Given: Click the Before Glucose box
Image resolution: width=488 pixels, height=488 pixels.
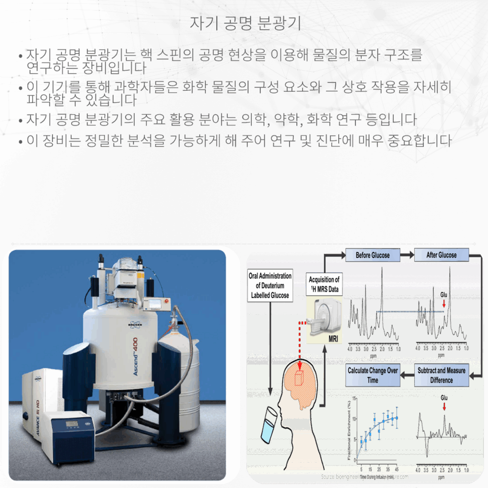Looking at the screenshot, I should [372, 255].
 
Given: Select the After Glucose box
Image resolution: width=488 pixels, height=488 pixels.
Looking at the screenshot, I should [441, 255].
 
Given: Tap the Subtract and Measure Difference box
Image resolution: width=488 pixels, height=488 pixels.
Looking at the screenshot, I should [441, 376].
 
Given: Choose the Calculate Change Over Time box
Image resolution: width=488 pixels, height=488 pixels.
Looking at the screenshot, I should [372, 376].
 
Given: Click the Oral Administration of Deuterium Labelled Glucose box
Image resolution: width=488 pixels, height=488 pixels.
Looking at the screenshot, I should [270, 285].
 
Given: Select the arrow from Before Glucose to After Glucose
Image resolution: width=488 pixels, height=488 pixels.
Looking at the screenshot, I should [407, 255].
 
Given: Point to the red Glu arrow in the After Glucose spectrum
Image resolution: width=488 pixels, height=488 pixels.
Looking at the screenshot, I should [444, 304].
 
